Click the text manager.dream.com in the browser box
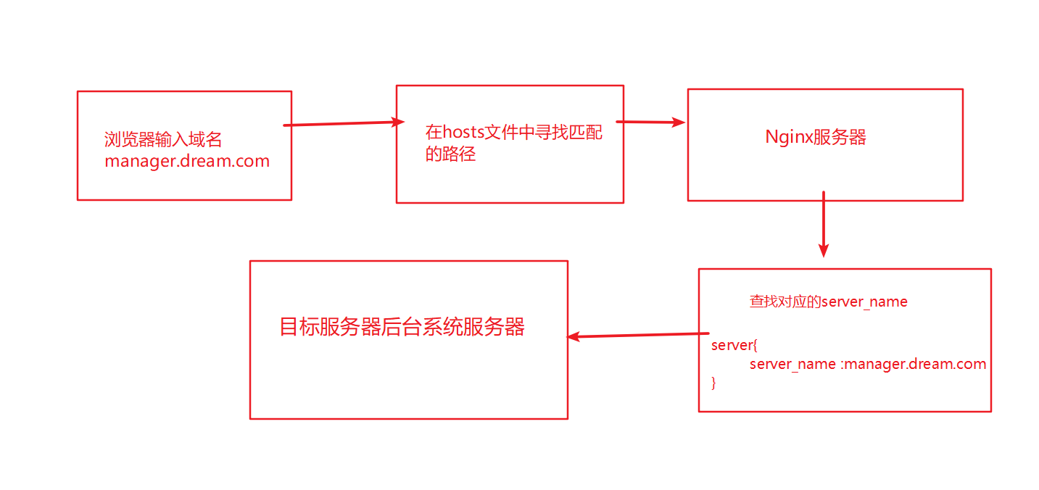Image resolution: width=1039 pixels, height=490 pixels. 187,161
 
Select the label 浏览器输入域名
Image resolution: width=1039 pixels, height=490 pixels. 163,140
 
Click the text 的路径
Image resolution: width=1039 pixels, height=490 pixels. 450,154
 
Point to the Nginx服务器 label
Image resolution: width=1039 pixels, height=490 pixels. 816,137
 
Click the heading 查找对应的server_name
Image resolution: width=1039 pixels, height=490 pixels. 828,302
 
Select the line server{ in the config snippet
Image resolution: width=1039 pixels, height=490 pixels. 734,345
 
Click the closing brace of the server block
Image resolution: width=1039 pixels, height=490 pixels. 713,382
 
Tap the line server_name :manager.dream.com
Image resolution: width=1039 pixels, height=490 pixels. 868,364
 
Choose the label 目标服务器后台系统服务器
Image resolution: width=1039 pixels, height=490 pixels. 402,327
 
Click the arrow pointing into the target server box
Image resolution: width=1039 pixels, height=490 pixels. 638,335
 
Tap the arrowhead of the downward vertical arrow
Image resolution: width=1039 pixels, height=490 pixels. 823,250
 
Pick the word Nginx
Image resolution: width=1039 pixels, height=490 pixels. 789,137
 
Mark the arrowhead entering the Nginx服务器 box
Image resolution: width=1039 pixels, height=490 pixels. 678,122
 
